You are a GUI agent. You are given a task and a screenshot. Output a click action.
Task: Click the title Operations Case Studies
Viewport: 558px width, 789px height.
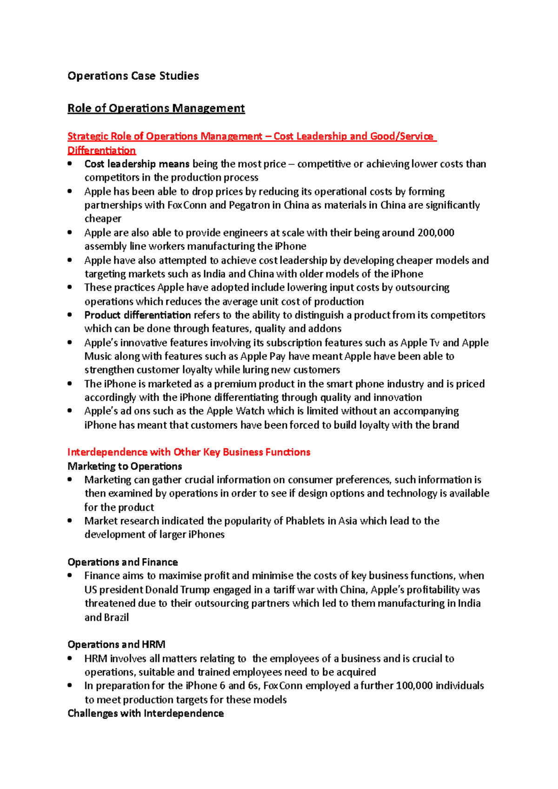click(133, 76)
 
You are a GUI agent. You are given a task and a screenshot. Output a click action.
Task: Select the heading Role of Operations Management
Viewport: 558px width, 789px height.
click(156, 108)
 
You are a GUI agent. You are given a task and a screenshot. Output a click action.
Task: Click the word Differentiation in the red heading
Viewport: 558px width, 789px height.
click(101, 151)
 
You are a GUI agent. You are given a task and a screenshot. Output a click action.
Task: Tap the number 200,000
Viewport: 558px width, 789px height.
click(436, 233)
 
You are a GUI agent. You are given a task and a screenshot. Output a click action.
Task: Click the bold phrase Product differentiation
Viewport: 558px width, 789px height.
click(138, 315)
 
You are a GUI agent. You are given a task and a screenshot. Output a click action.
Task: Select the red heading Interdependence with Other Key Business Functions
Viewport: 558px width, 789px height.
click(189, 452)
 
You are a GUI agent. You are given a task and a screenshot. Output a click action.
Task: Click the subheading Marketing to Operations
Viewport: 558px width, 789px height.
click(125, 466)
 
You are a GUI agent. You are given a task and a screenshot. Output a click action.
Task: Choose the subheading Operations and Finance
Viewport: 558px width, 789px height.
click(123, 562)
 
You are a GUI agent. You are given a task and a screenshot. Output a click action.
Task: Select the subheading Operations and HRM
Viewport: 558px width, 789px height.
click(116, 644)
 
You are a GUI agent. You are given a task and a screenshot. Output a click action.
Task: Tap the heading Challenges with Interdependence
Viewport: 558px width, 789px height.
click(146, 713)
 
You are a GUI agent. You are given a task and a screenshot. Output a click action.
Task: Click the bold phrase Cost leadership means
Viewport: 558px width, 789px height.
click(137, 164)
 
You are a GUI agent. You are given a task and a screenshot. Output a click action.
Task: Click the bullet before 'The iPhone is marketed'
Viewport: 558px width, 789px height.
click(70, 384)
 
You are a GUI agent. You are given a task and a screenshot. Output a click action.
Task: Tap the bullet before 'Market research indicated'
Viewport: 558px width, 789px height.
click(70, 521)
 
